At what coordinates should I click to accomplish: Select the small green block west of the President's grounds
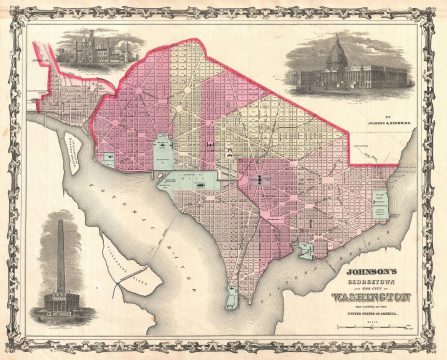(x=108, y=157)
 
